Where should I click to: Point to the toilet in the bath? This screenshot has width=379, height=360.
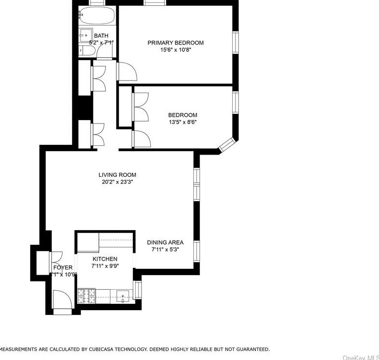tap(89, 51)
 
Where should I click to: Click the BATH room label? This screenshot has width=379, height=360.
tap(101, 36)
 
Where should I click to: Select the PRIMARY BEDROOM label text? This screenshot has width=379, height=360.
tap(175, 43)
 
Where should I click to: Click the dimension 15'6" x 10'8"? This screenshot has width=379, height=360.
tap(175, 50)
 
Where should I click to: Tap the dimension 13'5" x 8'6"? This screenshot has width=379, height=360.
tap(182, 122)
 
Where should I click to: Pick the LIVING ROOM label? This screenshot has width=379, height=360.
tap(117, 175)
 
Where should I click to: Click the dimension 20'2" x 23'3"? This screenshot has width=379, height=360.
tap(117, 182)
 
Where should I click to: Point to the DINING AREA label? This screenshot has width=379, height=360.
tap(165, 242)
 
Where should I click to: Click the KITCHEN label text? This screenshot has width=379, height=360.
tap(105, 259)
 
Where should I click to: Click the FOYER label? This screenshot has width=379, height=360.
tap(63, 267)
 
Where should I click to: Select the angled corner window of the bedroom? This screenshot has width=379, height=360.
tap(226, 144)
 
